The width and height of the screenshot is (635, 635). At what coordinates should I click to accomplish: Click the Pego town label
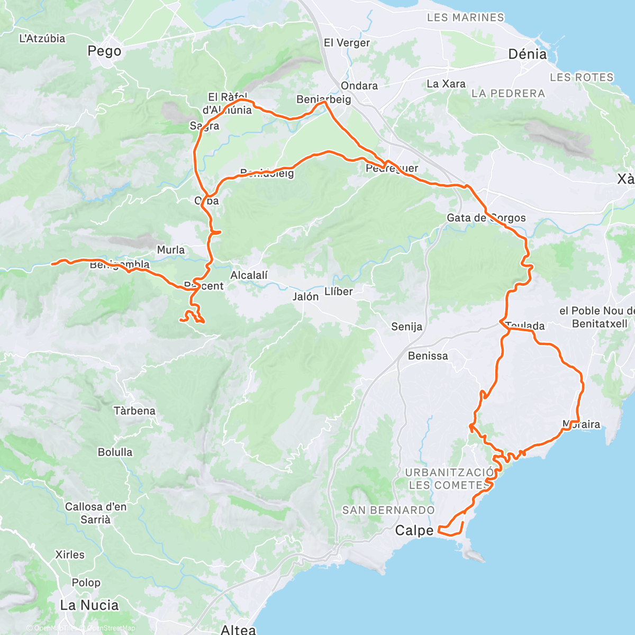coord(104,51)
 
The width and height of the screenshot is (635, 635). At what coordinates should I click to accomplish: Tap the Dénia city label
coord(527,54)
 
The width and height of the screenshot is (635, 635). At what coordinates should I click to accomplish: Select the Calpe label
coord(414,530)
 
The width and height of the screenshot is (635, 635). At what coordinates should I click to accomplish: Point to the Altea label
coord(238,629)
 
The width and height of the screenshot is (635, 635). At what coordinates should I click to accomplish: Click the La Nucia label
coord(89,605)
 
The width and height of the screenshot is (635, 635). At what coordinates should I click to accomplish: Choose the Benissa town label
coord(428,356)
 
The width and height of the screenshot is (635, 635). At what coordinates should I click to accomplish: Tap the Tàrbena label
coord(134,411)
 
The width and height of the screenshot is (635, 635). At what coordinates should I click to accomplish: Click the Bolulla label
coord(115,452)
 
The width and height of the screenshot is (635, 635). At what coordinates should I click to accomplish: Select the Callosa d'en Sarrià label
coord(96,513)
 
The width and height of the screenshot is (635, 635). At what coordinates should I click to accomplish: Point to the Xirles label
coord(70,555)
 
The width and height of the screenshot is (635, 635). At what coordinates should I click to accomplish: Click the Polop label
coord(86,583)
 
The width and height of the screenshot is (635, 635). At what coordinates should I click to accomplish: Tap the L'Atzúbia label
coord(42,38)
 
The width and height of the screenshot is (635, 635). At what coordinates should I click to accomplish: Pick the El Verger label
coord(347,43)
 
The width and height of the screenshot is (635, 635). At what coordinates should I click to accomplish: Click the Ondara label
coord(359,86)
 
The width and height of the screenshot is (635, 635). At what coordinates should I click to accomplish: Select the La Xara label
coord(446,84)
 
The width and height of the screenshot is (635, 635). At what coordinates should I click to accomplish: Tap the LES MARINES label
coord(466,17)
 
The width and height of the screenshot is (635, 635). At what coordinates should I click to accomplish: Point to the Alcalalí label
coord(249,275)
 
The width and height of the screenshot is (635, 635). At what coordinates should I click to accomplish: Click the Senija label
coord(406,326)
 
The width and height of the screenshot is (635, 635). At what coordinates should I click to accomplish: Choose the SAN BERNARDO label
coord(388,510)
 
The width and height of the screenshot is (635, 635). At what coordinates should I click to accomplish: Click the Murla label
coord(171,250)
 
